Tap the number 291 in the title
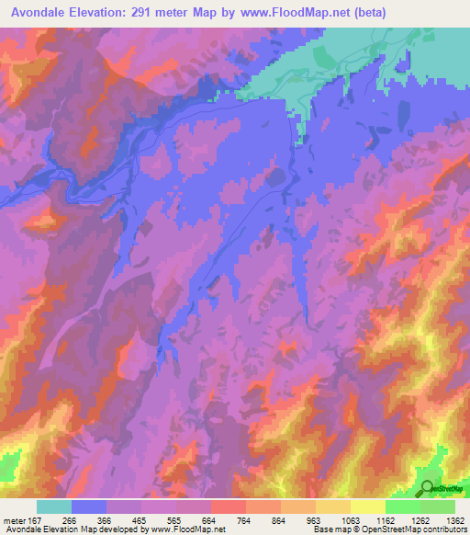point(148,13)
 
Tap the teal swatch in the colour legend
point(54,507)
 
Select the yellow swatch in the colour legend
point(333,507)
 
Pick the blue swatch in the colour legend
point(89,507)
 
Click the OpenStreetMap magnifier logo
point(426,488)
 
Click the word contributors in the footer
point(444,529)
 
